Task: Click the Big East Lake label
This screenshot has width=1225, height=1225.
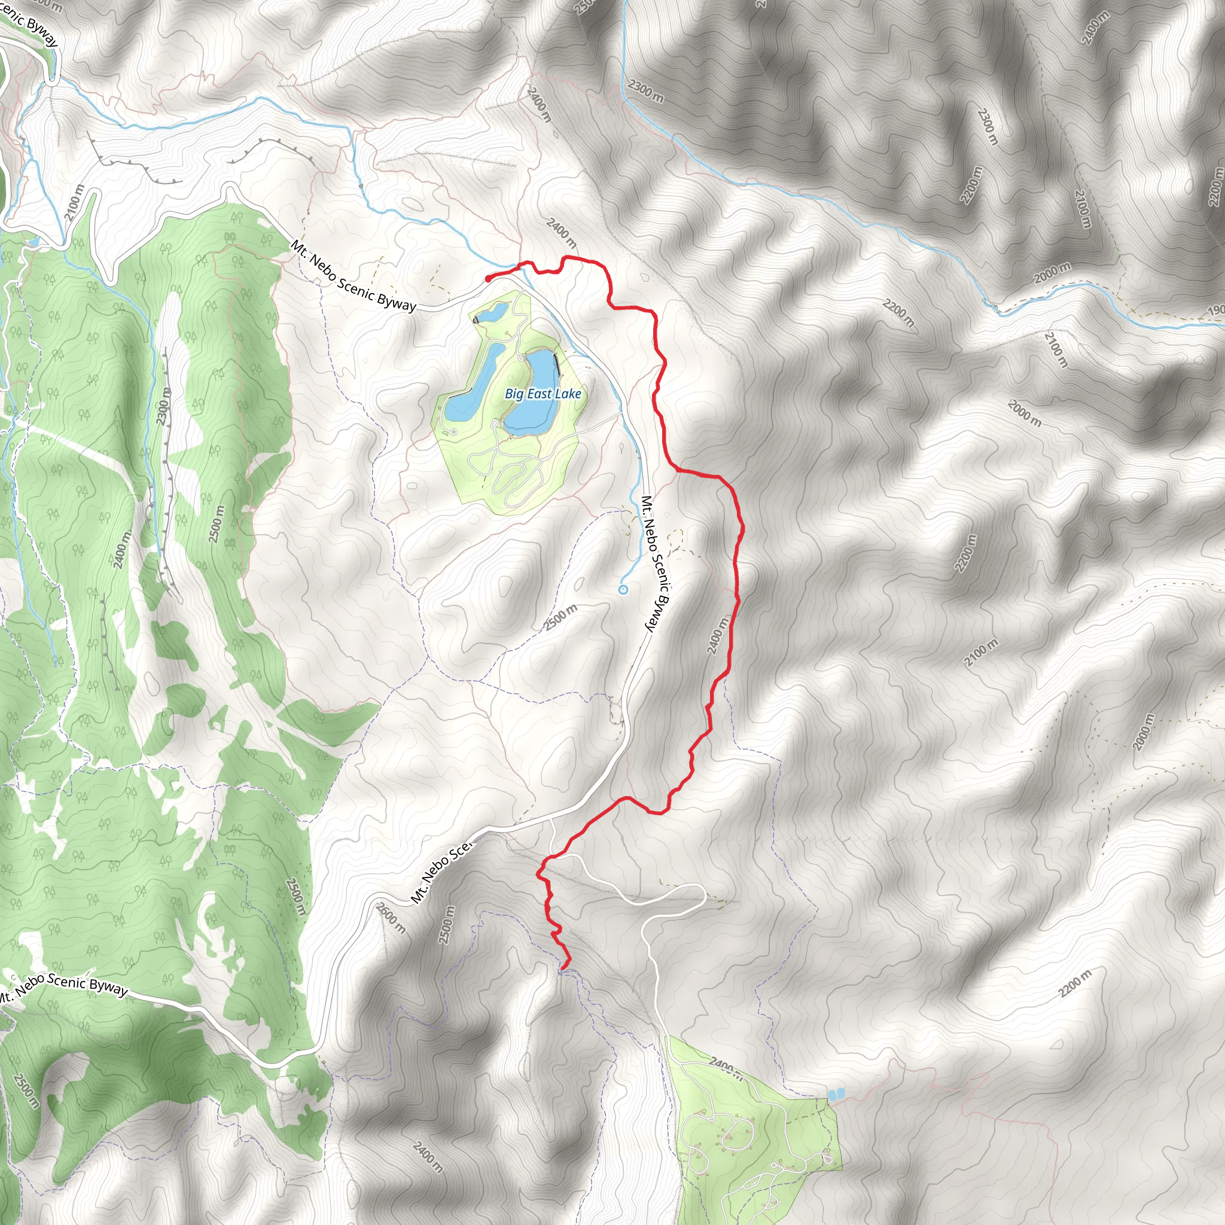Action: (543, 394)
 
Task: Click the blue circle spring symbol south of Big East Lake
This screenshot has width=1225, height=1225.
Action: (623, 590)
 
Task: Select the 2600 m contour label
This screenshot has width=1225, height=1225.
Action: (391, 918)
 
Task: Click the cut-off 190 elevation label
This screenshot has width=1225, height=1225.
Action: (1215, 310)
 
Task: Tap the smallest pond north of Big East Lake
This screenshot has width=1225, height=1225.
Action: (494, 312)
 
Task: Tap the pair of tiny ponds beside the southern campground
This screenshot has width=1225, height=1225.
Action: (836, 1095)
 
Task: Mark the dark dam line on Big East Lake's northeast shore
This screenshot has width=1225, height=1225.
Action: (557, 365)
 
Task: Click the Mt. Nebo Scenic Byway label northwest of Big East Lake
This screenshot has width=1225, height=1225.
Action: (353, 276)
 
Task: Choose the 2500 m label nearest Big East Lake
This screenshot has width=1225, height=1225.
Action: (561, 617)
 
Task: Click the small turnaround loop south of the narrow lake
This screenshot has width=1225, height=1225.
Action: (453, 432)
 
